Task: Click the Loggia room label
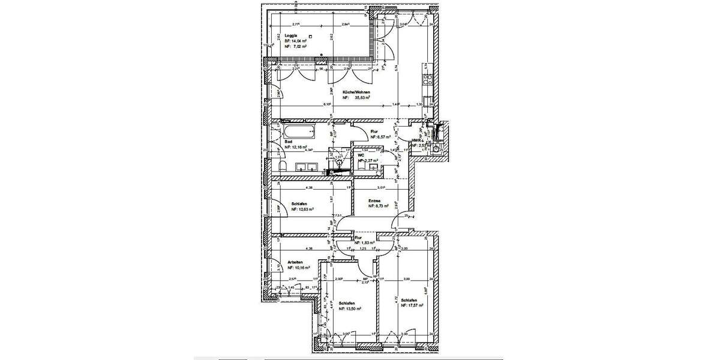click(x=289, y=35)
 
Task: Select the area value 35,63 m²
click(x=360, y=97)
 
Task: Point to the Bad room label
click(x=288, y=142)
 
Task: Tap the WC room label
click(x=361, y=155)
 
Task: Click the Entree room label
click(x=376, y=200)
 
